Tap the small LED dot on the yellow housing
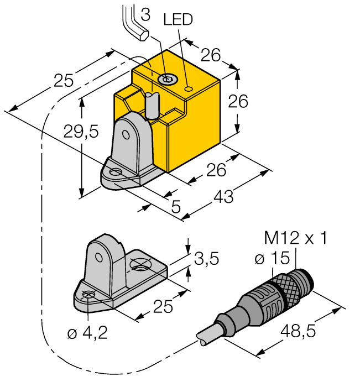tap(189, 88)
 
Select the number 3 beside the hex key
tap(145, 15)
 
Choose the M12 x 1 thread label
tap(295, 238)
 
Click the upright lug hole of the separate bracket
tap(99, 257)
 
